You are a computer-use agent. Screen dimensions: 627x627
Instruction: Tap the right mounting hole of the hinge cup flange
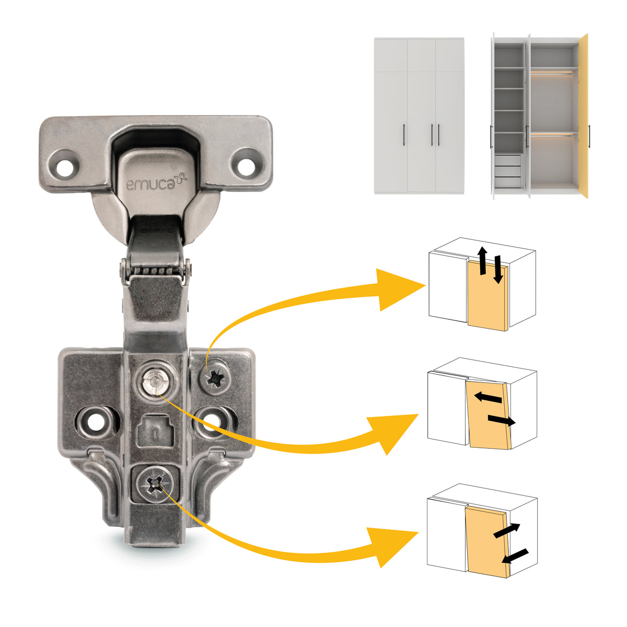click(246, 167)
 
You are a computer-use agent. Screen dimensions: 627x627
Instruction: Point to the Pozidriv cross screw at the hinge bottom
click(154, 483)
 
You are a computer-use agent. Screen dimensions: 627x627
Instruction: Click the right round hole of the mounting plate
click(212, 422)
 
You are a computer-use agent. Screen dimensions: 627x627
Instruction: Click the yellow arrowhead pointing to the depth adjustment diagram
click(392, 547)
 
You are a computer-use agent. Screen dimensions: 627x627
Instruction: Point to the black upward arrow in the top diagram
click(483, 260)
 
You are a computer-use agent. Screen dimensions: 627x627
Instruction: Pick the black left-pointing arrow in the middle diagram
click(488, 397)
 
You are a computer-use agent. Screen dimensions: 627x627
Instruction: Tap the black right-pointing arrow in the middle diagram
click(502, 421)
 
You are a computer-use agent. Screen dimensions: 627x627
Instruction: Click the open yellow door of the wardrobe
click(584, 116)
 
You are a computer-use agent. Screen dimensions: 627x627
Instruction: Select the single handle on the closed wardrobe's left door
click(404, 135)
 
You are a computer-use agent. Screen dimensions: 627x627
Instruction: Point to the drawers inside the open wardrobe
click(507, 171)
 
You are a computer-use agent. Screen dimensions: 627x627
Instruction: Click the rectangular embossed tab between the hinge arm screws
click(155, 431)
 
